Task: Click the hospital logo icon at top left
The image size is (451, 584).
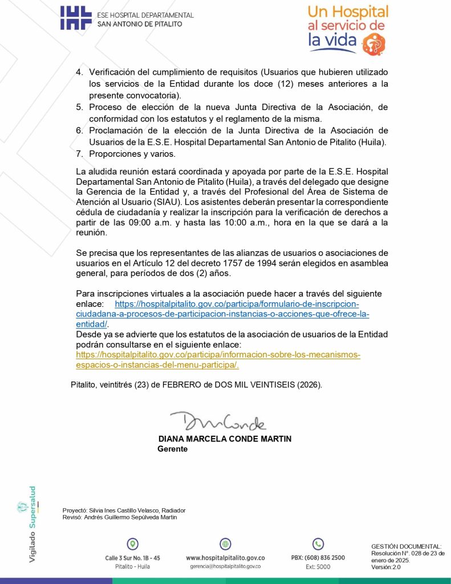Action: (75, 18)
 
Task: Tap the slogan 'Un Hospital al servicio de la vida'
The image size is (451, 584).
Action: (348, 26)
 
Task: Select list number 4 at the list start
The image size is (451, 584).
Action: (80, 73)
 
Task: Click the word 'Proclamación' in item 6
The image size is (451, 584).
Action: (116, 131)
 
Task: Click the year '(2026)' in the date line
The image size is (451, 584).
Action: (309, 385)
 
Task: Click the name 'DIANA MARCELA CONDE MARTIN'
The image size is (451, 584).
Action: (225, 439)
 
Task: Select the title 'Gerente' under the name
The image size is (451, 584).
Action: (172, 449)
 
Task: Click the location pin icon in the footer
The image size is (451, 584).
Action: (132, 544)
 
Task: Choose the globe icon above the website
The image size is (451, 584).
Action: (225, 544)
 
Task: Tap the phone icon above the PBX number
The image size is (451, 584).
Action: (318, 544)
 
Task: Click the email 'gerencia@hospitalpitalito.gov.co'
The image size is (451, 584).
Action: (225, 566)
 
